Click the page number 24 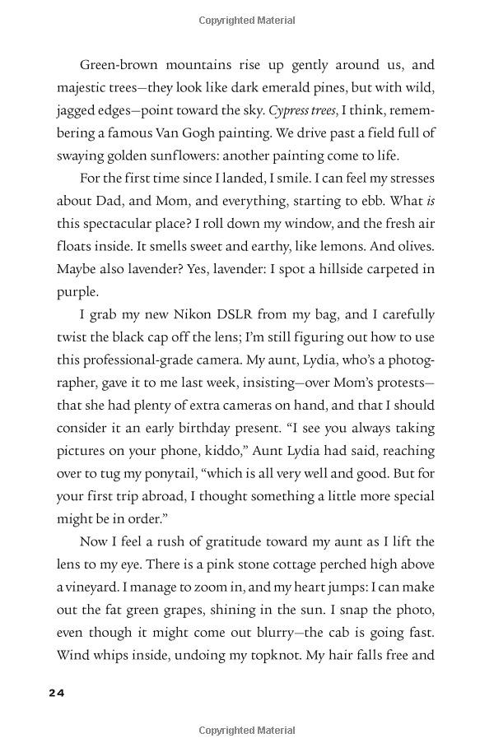(x=56, y=693)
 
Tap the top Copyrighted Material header (x=246, y=18)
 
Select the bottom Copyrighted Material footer (x=246, y=730)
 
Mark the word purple (x=77, y=291)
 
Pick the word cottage (x=291, y=564)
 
